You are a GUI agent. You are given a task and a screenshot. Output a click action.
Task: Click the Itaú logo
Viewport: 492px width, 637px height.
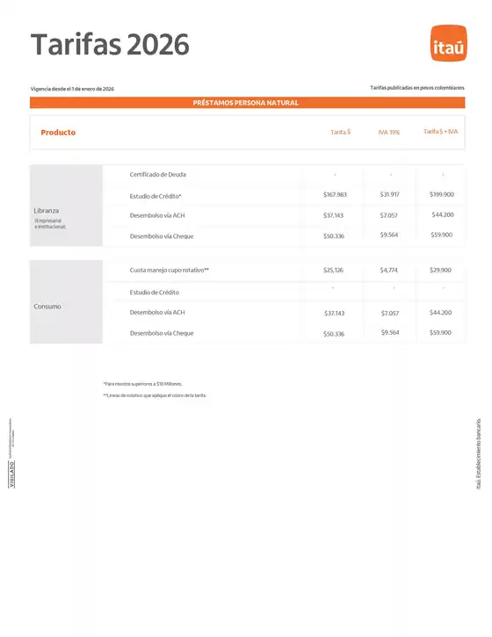pyautogui.click(x=448, y=45)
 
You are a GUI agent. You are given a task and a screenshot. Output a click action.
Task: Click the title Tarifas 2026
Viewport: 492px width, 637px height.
pyautogui.click(x=110, y=44)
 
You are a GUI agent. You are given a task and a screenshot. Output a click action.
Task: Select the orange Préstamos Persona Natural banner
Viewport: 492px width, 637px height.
pyautogui.click(x=246, y=103)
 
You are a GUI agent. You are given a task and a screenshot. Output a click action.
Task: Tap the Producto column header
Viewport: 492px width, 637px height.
pyautogui.click(x=58, y=133)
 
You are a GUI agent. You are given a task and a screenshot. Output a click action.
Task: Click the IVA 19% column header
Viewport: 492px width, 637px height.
pyautogui.click(x=389, y=133)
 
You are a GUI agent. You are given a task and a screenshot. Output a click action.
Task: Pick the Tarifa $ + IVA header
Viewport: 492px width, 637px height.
pyautogui.click(x=441, y=132)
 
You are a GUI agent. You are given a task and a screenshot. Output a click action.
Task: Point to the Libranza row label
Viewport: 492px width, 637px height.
pyautogui.click(x=47, y=211)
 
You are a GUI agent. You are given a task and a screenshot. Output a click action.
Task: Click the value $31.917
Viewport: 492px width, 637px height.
pyautogui.click(x=389, y=194)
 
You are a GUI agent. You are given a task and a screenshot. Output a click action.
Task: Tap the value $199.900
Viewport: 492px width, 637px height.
pyautogui.click(x=442, y=194)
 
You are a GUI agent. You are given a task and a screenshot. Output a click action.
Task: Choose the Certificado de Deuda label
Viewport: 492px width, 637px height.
pyautogui.click(x=158, y=174)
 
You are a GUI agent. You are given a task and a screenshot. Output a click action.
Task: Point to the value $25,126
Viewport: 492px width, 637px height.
pyautogui.click(x=333, y=270)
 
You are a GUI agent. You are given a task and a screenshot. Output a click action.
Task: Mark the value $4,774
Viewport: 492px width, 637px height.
pyautogui.click(x=389, y=270)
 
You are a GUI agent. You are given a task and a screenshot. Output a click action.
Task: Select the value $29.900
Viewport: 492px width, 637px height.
pyautogui.click(x=440, y=270)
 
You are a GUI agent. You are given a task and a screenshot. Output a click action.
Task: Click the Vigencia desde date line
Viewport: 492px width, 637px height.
pyautogui.click(x=72, y=89)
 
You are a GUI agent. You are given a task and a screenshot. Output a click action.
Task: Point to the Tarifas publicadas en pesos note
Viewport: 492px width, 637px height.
pyautogui.click(x=417, y=88)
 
